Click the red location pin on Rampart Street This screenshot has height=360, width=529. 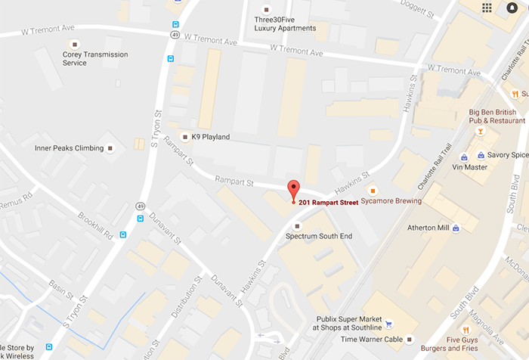[293, 191]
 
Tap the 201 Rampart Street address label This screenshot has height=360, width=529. [328, 202]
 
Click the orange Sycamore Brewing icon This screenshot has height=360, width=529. [372, 189]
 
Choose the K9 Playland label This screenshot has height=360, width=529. [210, 137]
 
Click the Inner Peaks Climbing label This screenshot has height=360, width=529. [69, 148]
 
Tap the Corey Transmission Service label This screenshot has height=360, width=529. [95, 58]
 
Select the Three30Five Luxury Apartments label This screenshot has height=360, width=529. [285, 23]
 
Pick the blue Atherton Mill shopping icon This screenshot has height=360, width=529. [456, 228]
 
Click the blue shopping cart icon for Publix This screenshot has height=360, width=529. [388, 324]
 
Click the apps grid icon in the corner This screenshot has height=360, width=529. [487, 8]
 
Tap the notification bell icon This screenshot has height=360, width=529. [512, 8]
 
